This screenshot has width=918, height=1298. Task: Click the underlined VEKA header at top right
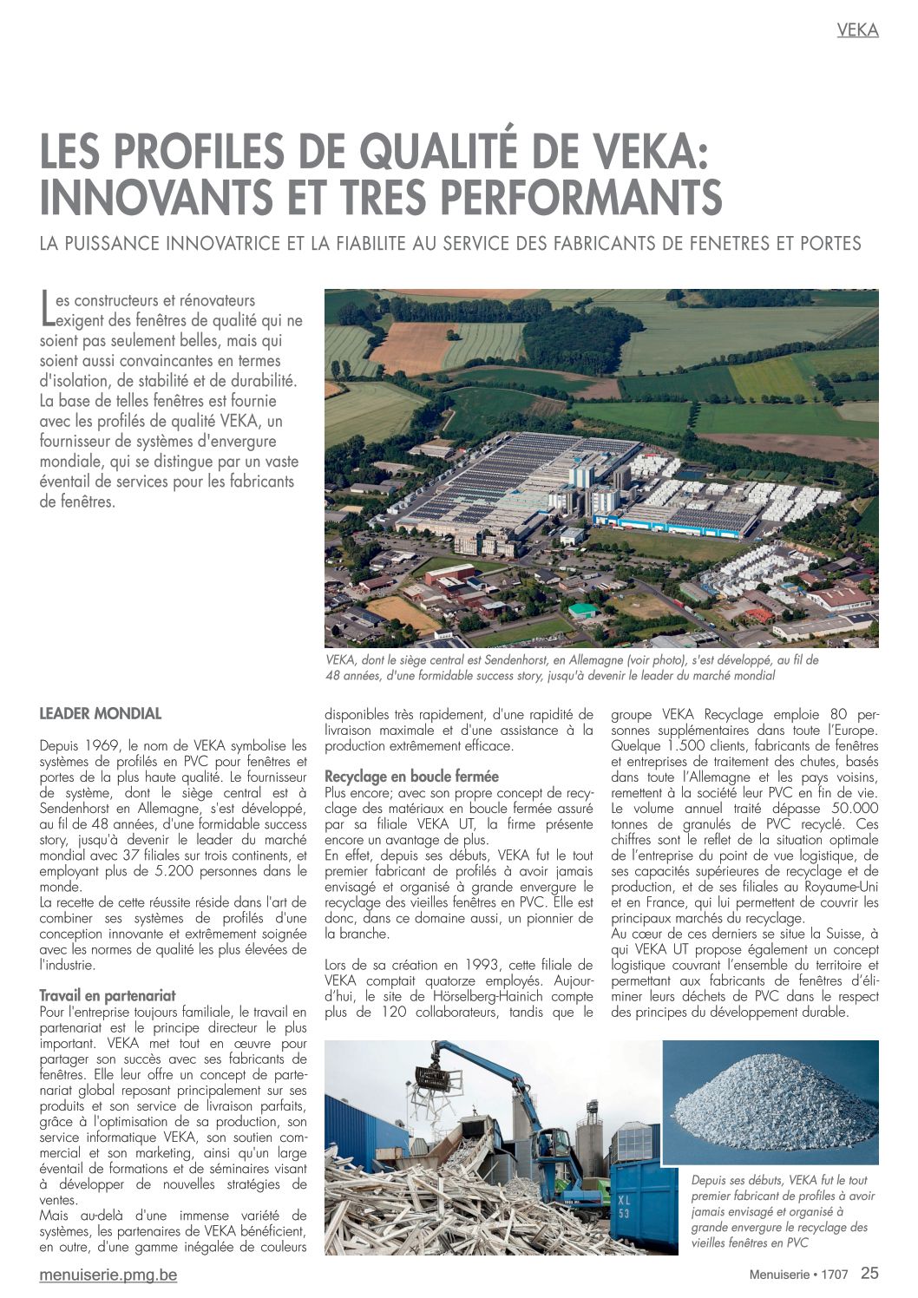pos(857,30)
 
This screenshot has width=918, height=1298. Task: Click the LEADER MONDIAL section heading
pos(101,714)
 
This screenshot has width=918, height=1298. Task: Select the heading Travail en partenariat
pos(108,995)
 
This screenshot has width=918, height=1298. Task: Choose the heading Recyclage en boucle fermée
pos(411,776)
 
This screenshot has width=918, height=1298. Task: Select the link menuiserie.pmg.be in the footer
pos(108,1275)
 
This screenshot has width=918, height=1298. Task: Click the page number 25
pos(869,1274)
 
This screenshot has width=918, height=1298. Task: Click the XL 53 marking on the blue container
pos(624,1207)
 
